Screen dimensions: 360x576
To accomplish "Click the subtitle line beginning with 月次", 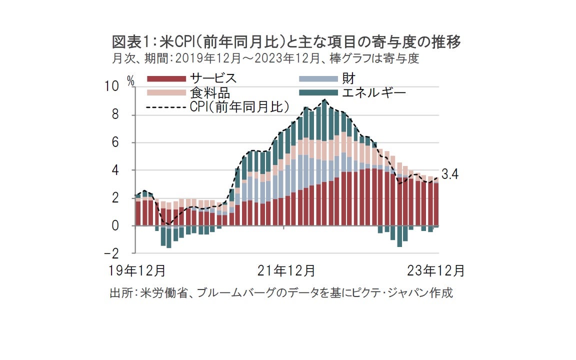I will click(265, 58).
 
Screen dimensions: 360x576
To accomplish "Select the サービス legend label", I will click(213, 78).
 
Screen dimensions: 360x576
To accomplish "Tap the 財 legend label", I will click(348, 78).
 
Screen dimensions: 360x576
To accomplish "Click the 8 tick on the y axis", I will click(115, 115).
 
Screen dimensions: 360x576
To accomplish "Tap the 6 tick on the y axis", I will click(115, 143).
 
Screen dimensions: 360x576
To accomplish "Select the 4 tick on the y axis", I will click(115, 170).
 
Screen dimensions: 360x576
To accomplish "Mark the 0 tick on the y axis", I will click(115, 226).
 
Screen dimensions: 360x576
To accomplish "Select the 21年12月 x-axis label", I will click(286, 271).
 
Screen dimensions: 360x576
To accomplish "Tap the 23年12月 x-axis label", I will click(436, 271).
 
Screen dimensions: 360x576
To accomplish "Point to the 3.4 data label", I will click(450, 174).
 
